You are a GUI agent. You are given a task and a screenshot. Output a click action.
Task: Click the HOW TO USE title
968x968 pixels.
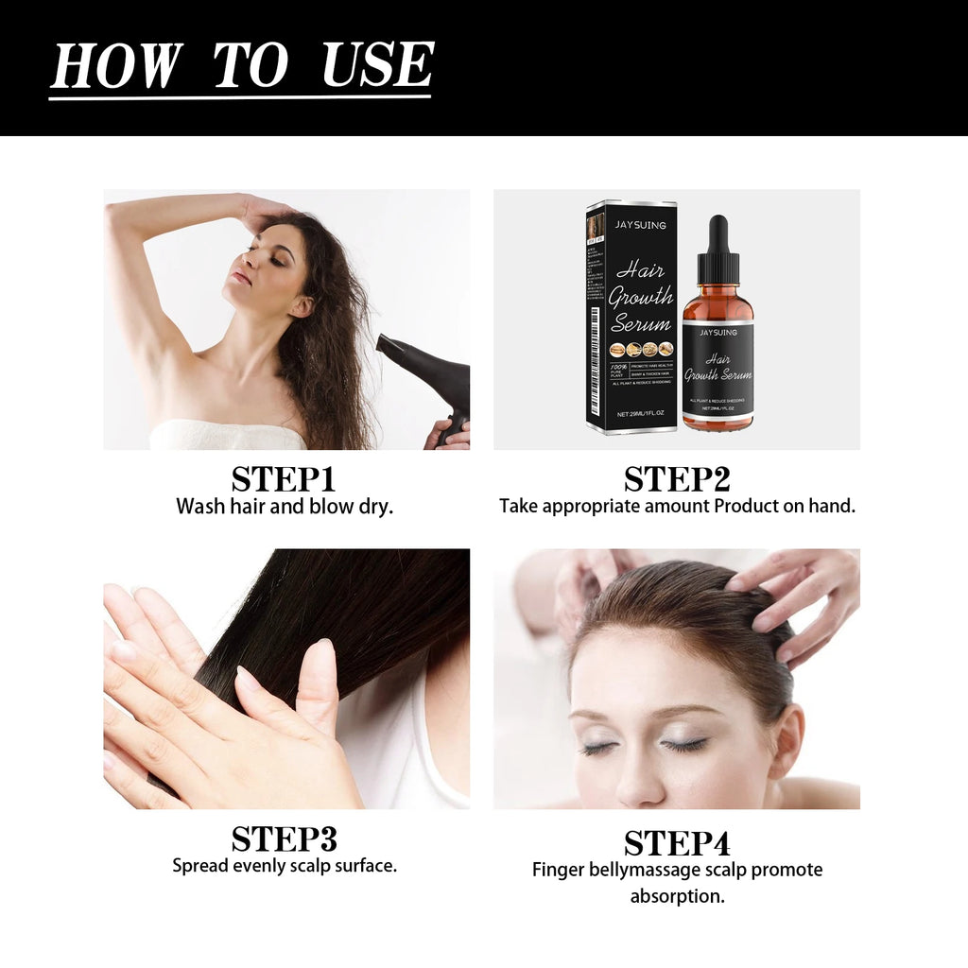241,66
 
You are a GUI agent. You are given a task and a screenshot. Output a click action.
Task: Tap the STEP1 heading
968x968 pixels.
284,478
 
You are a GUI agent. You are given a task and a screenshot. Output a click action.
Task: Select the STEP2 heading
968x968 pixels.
677,478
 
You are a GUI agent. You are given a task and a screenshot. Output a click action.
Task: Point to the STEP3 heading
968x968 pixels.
284,838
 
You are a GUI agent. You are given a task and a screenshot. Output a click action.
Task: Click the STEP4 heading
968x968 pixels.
677,842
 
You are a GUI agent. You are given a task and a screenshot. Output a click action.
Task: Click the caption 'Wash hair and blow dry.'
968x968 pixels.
284,506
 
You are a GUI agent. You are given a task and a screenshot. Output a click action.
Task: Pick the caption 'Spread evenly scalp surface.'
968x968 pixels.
284,865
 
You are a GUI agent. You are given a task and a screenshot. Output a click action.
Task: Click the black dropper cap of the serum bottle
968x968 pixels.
717,248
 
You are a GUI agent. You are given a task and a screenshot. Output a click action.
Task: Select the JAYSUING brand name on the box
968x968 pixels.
641,225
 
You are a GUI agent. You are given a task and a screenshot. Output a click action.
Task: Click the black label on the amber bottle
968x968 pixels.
717,369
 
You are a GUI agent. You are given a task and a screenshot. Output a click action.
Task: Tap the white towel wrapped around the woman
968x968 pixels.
227,435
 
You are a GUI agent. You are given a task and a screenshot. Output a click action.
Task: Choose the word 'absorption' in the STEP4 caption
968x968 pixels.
677,895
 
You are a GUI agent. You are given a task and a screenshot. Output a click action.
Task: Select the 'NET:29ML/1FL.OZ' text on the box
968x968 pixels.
642,414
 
